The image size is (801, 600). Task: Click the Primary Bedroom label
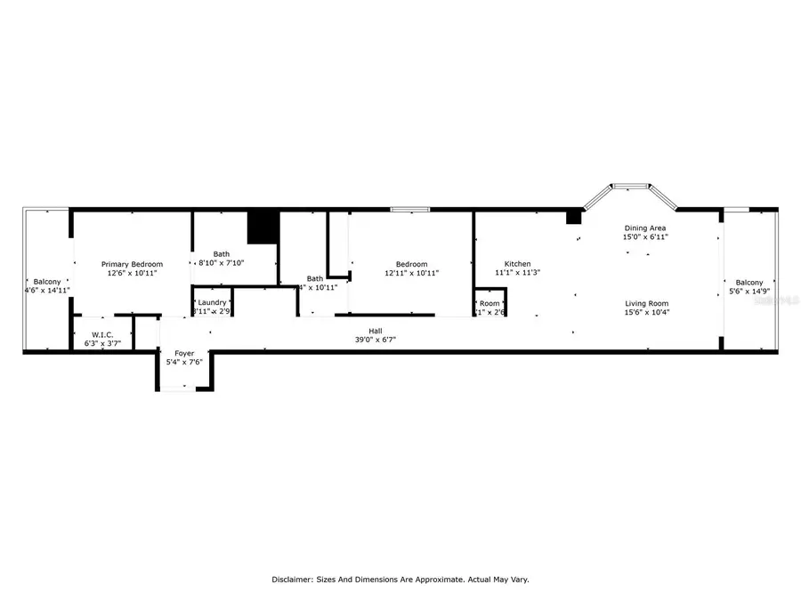[132, 264]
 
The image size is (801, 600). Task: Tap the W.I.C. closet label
[101, 334]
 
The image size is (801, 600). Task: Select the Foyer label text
[184, 353]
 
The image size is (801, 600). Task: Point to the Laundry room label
[213, 302]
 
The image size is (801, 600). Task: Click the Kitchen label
[517, 264]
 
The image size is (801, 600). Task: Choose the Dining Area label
[644, 228]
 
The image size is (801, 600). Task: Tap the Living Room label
[646, 303]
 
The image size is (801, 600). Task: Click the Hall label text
[376, 331]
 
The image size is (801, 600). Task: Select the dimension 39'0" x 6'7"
[376, 340]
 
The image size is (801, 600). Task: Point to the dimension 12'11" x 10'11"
[411, 273]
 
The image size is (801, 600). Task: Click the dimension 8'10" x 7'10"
[221, 262]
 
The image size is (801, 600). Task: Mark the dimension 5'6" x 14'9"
[748, 291]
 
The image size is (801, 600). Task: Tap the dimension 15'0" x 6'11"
[644, 237]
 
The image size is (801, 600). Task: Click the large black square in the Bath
[263, 226]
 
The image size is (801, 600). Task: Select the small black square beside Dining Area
[574, 216]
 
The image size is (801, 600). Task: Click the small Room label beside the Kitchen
[489, 303]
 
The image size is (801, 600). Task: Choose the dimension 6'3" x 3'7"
[101, 343]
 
